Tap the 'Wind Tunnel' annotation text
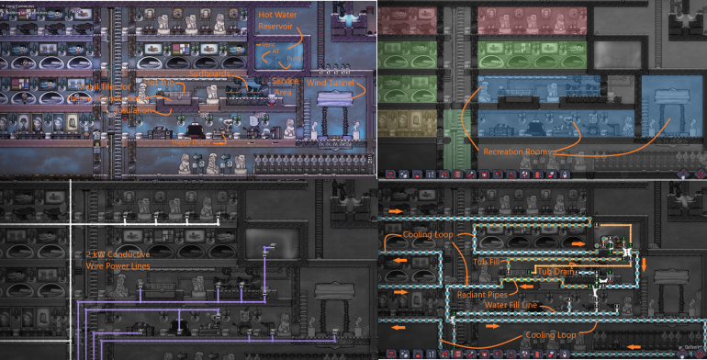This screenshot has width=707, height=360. pos(329,84)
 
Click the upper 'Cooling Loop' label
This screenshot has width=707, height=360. pos(427,235)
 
